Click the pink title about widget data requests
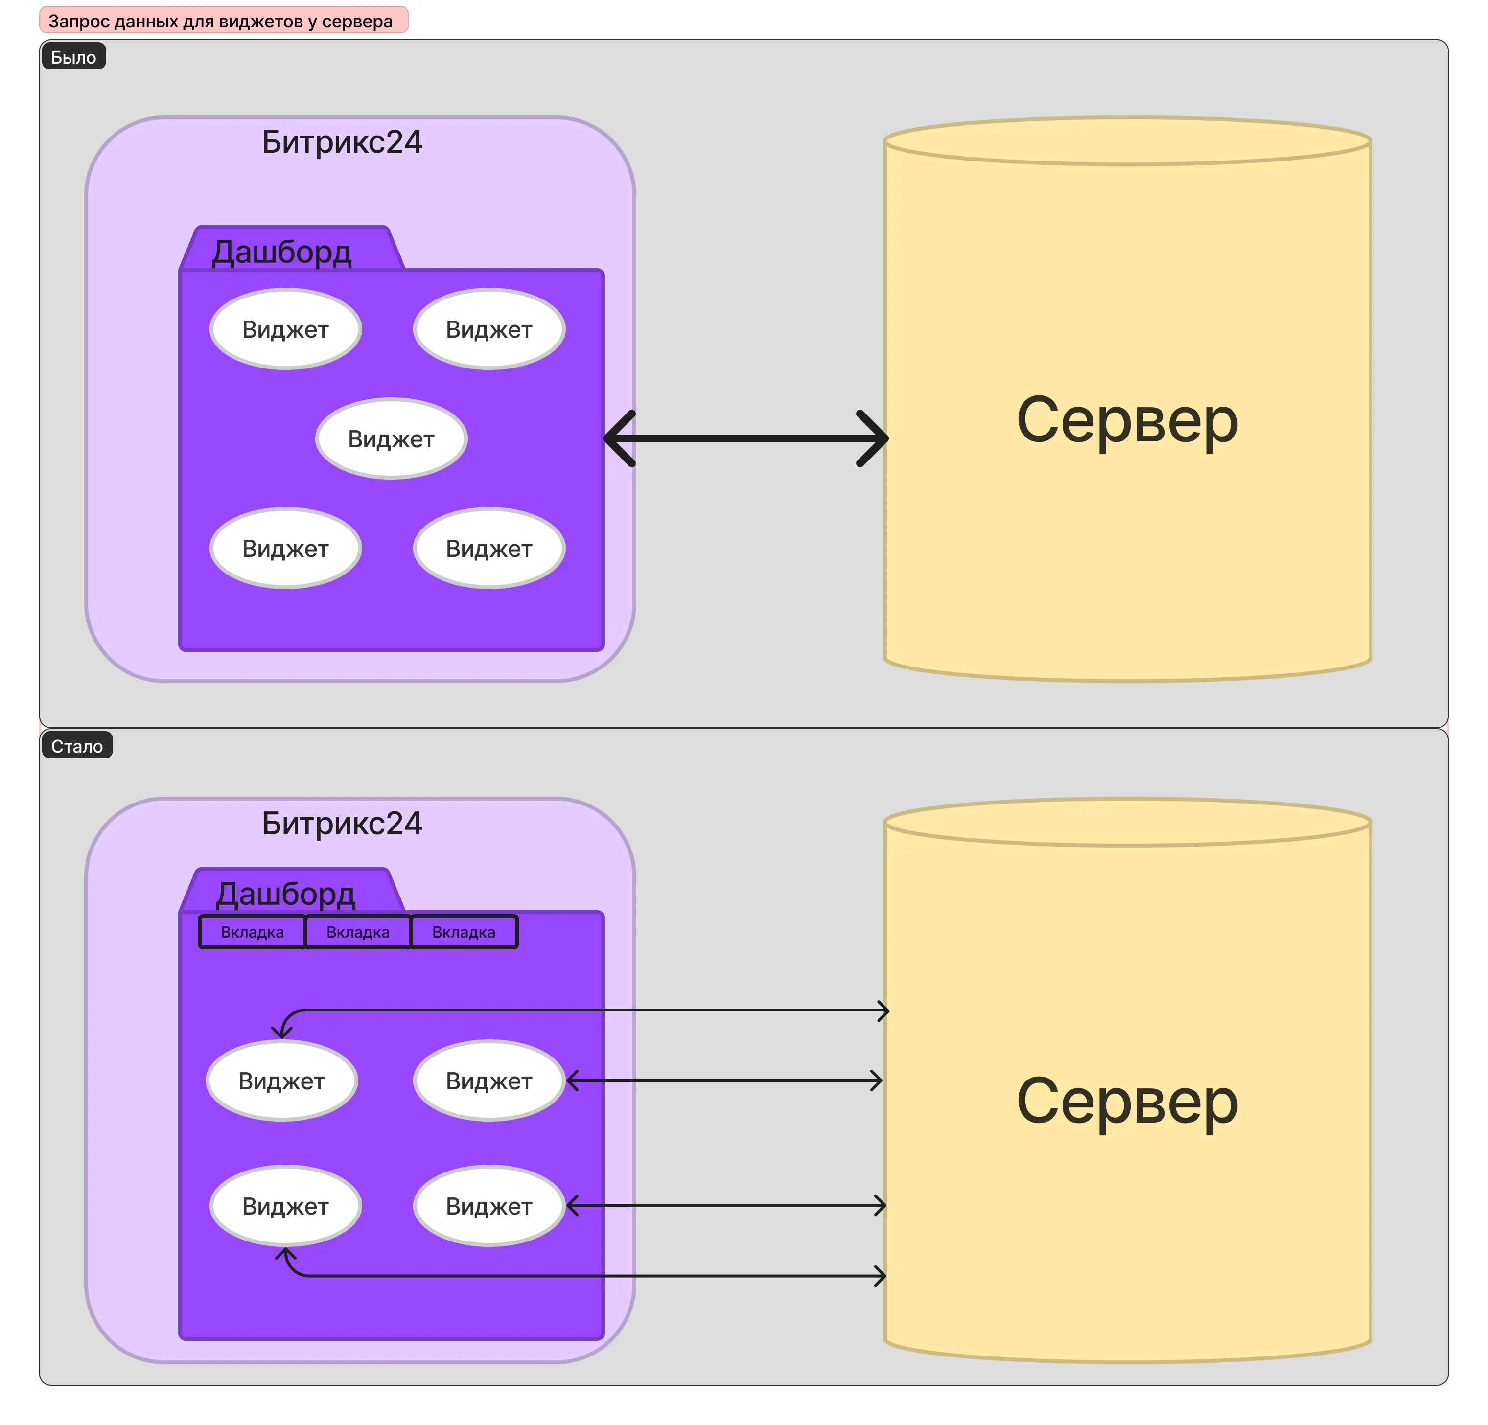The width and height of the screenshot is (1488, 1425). click(x=223, y=21)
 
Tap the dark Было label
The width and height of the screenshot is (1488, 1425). click(x=73, y=57)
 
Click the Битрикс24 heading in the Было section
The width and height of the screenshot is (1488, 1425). click(x=342, y=142)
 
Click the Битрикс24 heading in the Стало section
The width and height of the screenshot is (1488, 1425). click(x=342, y=823)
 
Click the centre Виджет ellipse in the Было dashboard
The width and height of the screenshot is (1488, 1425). click(x=391, y=439)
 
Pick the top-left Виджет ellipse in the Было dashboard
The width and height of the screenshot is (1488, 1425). click(x=285, y=329)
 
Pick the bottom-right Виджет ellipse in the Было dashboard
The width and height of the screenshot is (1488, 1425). click(x=489, y=548)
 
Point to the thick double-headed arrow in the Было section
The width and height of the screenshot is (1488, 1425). click(x=745, y=438)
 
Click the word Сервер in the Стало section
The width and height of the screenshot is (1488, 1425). click(x=1127, y=1101)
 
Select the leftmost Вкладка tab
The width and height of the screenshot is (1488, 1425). click(x=252, y=932)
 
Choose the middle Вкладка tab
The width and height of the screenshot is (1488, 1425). click(x=358, y=932)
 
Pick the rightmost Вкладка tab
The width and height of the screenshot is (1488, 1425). click(x=464, y=932)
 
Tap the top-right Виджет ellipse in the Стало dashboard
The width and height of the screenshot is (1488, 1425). click(x=489, y=1080)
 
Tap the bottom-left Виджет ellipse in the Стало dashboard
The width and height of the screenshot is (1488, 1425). click(x=285, y=1206)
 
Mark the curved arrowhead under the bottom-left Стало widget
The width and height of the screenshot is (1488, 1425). click(x=285, y=1255)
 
